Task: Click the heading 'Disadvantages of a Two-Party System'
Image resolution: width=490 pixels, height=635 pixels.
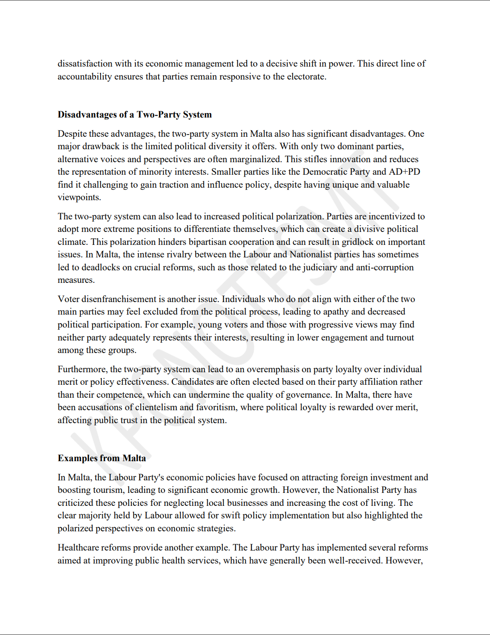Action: click(134, 114)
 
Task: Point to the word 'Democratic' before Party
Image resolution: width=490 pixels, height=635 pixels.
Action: click(324, 172)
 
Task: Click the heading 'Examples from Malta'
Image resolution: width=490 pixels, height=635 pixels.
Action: click(101, 458)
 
